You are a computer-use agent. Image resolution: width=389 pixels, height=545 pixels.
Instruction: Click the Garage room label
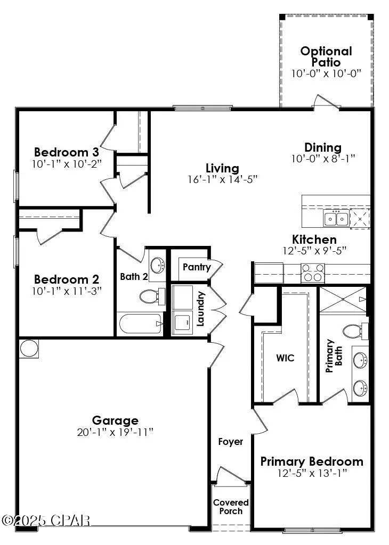(x=115, y=420)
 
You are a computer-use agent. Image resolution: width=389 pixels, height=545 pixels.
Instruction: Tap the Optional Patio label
(x=326, y=56)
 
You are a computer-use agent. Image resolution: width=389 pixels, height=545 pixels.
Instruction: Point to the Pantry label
(x=196, y=267)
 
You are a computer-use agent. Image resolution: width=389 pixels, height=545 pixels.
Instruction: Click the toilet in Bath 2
(x=151, y=296)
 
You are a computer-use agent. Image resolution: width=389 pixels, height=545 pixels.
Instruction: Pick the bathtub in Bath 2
(x=140, y=323)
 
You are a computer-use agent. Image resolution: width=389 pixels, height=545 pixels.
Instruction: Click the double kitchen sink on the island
(x=336, y=218)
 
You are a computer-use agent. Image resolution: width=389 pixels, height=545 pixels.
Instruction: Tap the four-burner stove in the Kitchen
(x=313, y=273)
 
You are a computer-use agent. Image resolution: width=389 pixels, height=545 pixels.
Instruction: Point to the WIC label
(x=285, y=358)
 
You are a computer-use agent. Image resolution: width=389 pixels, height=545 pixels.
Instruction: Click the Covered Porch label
(x=231, y=507)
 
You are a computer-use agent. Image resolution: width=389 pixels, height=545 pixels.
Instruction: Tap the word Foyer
(x=231, y=441)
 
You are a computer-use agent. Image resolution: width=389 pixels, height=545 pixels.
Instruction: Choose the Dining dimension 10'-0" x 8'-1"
(x=323, y=158)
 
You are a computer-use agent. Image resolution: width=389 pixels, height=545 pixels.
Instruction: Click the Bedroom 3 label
(x=67, y=151)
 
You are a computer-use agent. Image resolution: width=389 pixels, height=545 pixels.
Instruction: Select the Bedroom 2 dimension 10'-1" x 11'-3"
(x=67, y=291)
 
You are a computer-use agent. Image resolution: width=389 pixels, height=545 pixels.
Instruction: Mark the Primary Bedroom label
(x=312, y=461)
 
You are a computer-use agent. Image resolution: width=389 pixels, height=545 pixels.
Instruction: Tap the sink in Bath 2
(x=158, y=265)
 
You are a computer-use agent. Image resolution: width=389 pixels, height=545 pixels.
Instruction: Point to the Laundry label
(x=201, y=308)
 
